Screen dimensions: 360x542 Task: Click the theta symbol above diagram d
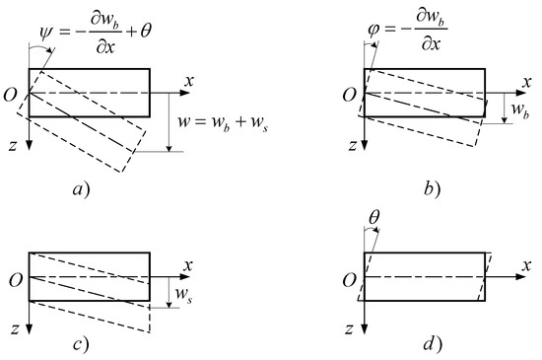pos(373,209)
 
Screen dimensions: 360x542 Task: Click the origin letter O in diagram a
pos(14,95)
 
